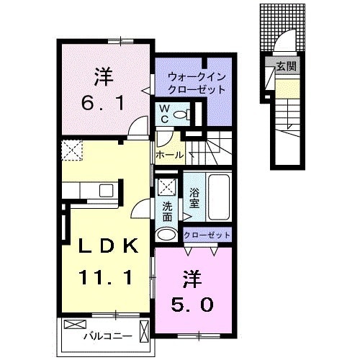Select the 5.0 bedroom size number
point(192,305)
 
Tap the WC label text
point(163,113)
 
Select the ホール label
point(168,154)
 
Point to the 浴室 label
point(194,198)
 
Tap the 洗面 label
point(167,210)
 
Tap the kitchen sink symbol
point(106,190)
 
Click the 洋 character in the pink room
point(191,276)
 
